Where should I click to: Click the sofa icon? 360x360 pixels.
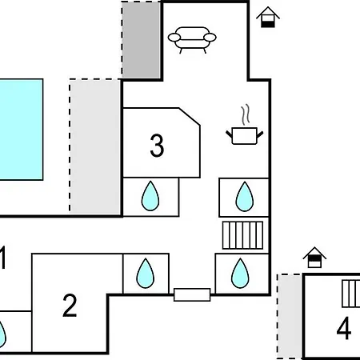coord(192,39)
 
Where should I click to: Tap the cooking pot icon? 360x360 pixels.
coord(245,136)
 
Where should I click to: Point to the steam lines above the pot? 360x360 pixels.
coord(246,114)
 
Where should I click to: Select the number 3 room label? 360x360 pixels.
coord(157,146)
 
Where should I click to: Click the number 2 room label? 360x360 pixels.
coord(70,306)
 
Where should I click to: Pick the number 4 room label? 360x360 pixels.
coord(344,328)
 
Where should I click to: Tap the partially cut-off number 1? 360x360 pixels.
coord(2,258)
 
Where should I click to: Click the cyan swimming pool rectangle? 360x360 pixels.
coord(22,130)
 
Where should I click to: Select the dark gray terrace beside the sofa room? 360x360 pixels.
coord(142,40)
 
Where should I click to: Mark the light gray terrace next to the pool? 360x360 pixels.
coord(94,146)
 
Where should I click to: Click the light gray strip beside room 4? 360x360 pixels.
coord(290,316)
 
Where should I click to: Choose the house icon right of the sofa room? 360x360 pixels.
coord(268,17)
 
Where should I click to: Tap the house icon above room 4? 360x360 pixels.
coord(314,258)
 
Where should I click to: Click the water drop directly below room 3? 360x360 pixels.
coord(150,197)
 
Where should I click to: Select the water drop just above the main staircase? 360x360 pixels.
coord(244,197)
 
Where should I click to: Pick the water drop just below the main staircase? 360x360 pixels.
coord(240,274)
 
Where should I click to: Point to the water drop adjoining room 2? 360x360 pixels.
coord(145,274)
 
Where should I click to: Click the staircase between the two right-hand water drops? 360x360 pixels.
coord(242,235)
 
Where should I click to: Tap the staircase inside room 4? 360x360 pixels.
coord(351,294)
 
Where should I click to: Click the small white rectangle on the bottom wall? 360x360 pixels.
coord(192,294)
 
